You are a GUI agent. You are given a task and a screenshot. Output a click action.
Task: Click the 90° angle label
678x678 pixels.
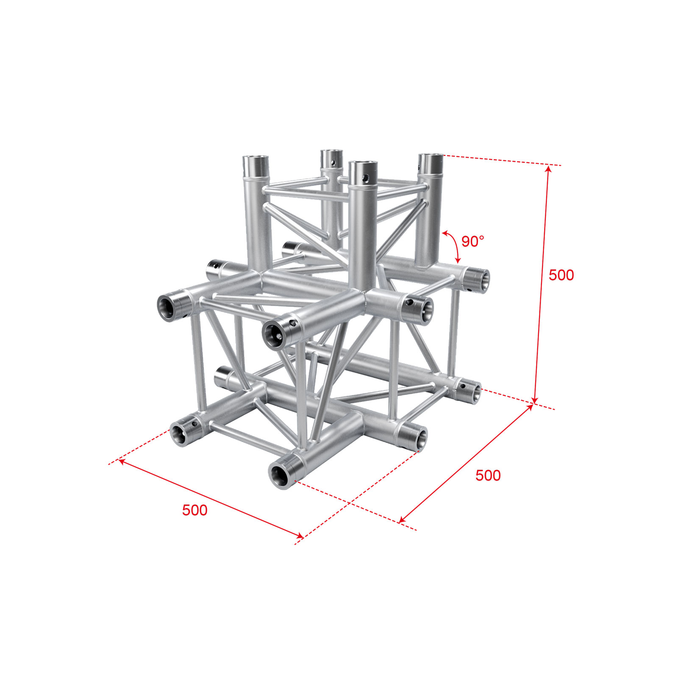472,242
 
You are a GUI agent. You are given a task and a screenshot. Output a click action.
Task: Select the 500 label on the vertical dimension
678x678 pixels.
561,275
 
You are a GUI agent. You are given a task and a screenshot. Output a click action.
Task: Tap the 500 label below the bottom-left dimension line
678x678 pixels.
195,510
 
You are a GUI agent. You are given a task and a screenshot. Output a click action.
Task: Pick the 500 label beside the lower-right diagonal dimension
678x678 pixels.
488,475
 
